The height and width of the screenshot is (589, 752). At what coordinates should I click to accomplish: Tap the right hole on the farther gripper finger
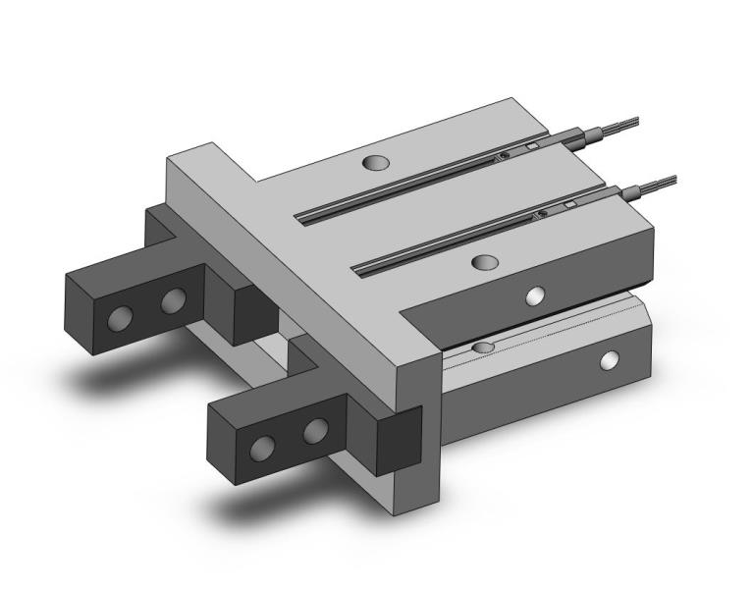pyautogui.click(x=174, y=299)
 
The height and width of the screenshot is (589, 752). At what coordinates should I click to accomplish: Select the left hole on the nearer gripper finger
pyautogui.click(x=261, y=449)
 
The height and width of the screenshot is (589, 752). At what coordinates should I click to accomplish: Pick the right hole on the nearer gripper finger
pyautogui.click(x=315, y=430)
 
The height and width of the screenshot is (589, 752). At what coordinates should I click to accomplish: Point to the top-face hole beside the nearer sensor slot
pyautogui.click(x=484, y=261)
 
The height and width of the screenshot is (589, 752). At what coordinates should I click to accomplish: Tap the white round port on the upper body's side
pyautogui.click(x=535, y=294)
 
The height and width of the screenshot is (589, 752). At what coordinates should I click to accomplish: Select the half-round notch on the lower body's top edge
pyautogui.click(x=483, y=348)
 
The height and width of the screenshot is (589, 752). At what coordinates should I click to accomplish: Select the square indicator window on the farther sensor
pyautogui.click(x=532, y=148)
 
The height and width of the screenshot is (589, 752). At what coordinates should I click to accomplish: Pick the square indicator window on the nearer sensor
pyautogui.click(x=568, y=204)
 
